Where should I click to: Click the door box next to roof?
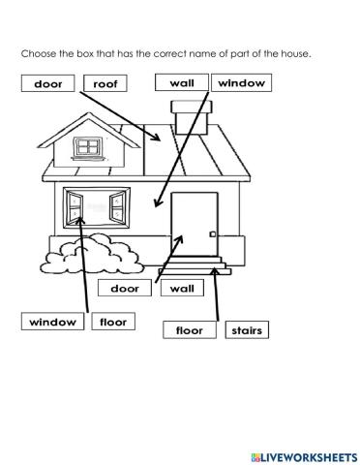(46, 84)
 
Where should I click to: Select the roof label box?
(105, 84)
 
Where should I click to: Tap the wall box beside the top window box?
(181, 83)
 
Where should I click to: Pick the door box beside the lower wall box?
(125, 288)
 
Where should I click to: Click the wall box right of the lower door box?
(182, 288)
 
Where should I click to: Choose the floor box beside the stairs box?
(190, 330)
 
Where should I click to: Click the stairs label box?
(246, 330)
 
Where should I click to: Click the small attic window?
(89, 147)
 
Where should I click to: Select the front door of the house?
(195, 225)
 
